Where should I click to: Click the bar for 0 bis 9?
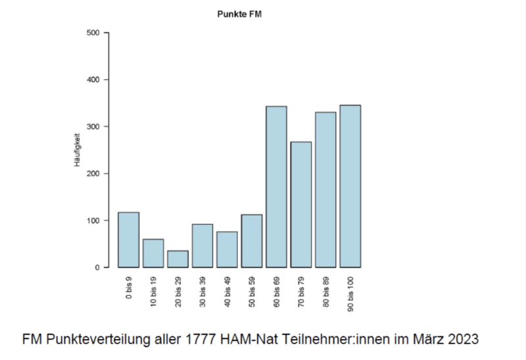(x=128, y=240)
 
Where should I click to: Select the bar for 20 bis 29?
(x=178, y=259)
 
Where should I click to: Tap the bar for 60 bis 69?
(x=276, y=187)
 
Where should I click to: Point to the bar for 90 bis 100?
(x=350, y=187)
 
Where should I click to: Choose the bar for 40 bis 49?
(x=227, y=250)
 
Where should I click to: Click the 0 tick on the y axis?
(x=97, y=267)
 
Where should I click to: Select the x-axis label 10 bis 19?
(x=153, y=292)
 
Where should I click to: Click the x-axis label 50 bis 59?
(x=252, y=292)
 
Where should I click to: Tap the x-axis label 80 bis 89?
(x=325, y=292)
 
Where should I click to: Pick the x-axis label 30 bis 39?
(x=203, y=292)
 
